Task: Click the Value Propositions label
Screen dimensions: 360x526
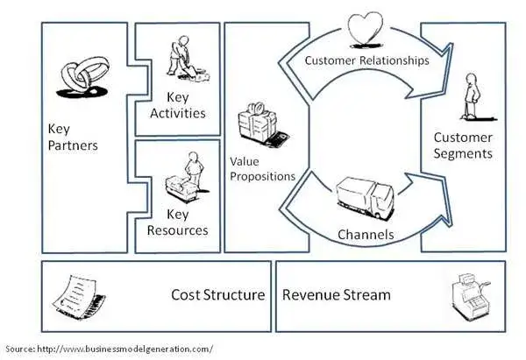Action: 262,169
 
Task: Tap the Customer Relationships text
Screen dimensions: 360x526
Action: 366,61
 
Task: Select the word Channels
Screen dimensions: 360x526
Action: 366,235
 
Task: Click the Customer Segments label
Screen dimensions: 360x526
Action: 463,146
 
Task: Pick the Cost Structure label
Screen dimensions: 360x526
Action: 217,295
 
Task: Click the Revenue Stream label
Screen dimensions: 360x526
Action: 336,295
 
